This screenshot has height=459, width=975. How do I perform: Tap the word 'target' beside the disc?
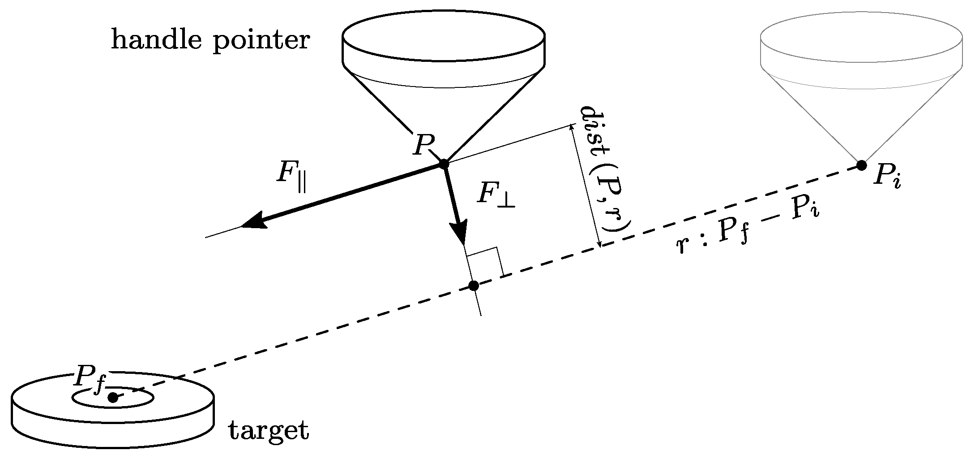[x=269, y=431]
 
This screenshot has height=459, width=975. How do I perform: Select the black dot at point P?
[x=444, y=164]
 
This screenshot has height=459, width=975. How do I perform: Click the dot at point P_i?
[x=861, y=165]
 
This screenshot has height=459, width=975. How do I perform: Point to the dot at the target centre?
[x=113, y=397]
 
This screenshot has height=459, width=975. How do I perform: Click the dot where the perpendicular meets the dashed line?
[x=473, y=286]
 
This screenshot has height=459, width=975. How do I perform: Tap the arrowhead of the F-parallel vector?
[x=253, y=222]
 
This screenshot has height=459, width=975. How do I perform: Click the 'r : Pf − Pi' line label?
[x=748, y=231]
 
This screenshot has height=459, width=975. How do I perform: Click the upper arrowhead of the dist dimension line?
[x=571, y=128]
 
